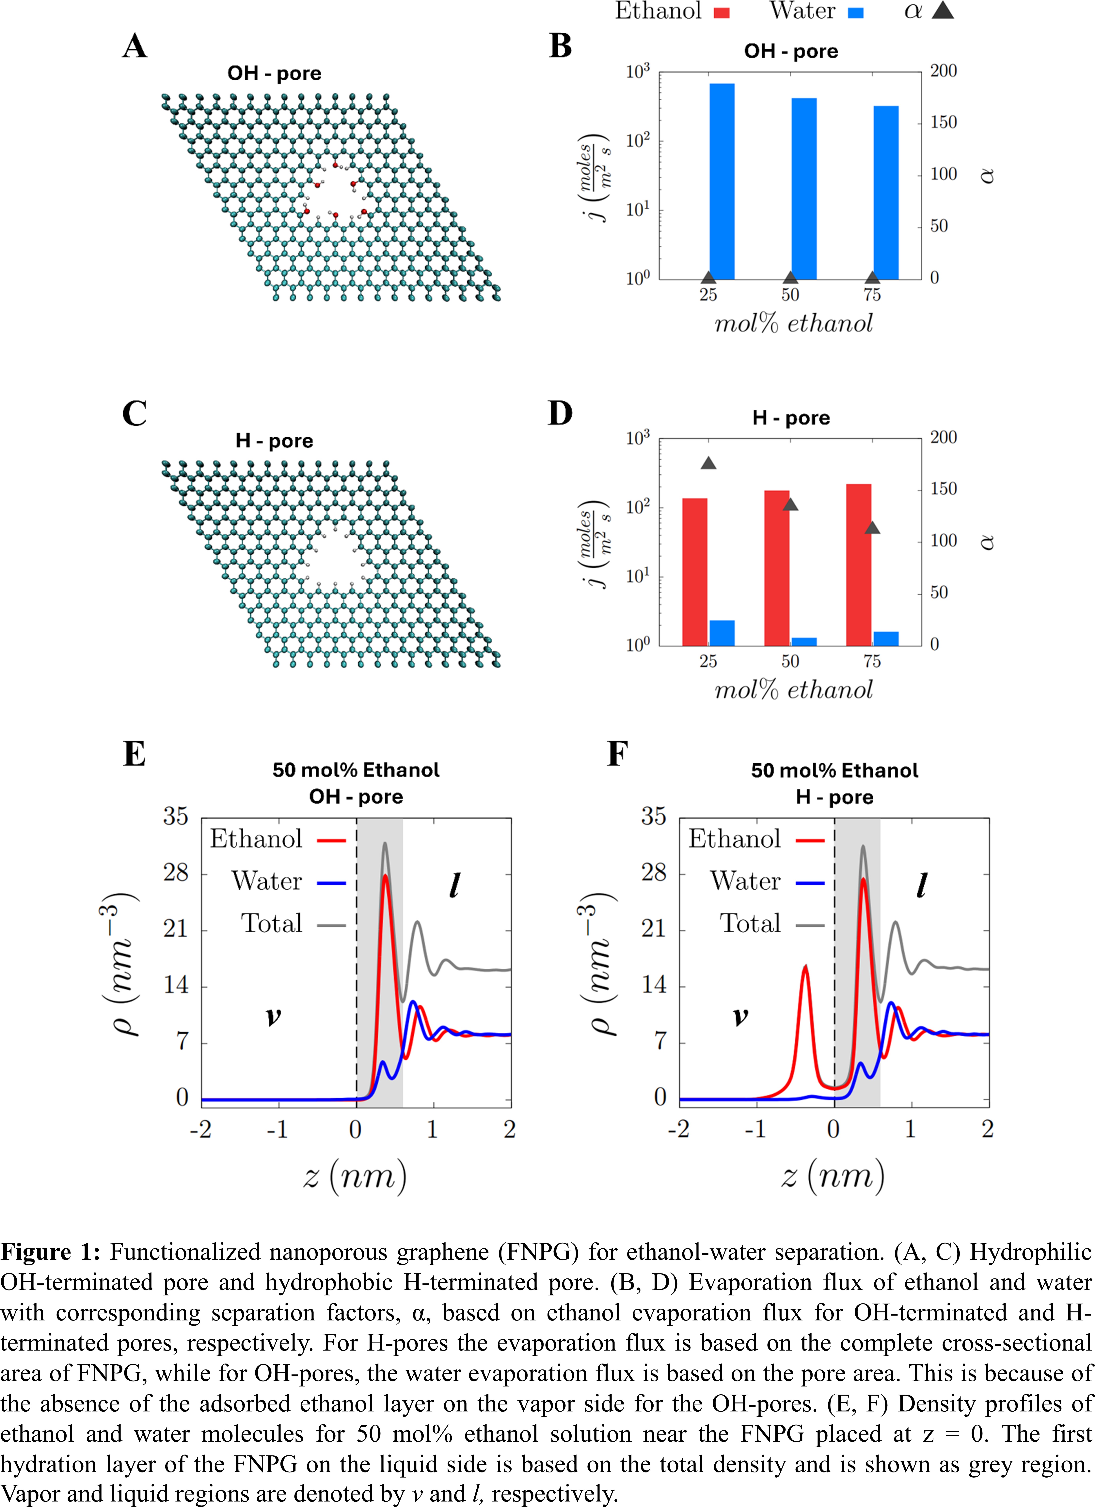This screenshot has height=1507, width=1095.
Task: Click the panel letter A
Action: tap(135, 46)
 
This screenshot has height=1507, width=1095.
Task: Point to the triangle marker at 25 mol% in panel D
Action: tap(708, 463)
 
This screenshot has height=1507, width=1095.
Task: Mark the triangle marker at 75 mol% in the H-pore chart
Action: tap(872, 527)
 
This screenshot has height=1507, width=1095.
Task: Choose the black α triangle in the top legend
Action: tap(942, 11)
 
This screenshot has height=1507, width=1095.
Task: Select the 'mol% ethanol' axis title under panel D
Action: tap(793, 690)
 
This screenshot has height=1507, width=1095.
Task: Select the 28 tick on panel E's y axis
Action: tap(176, 872)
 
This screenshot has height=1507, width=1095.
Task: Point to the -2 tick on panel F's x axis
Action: tap(678, 1129)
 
